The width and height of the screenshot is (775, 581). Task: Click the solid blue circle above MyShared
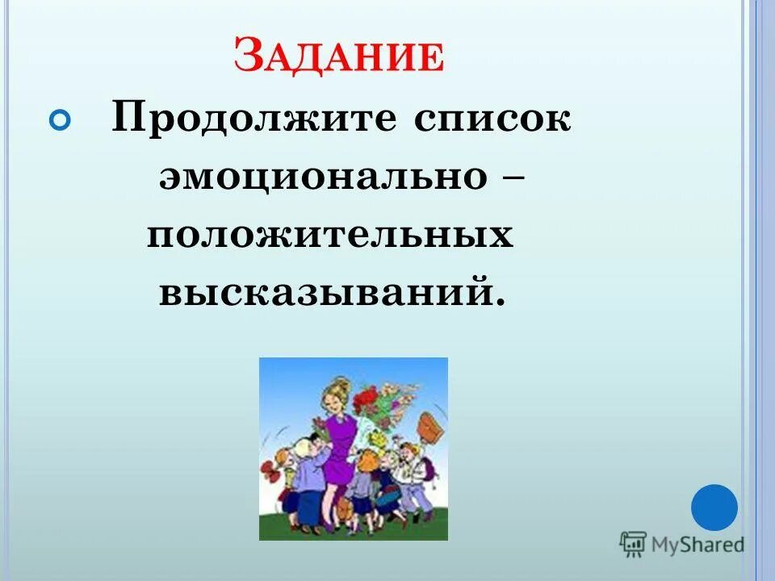[714, 508]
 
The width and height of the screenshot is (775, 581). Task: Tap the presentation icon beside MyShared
[633, 545]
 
